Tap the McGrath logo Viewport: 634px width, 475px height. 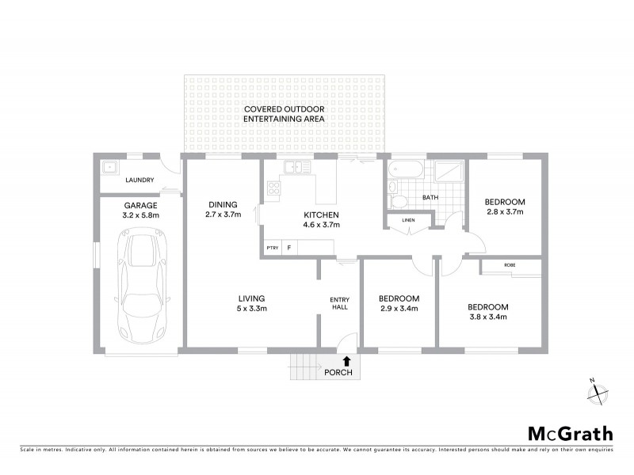[x=571, y=433]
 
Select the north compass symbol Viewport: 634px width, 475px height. [x=598, y=390]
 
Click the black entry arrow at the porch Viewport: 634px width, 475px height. [x=346, y=360]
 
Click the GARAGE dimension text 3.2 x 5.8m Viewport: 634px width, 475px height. [x=142, y=215]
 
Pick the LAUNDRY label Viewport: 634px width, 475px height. [x=139, y=180]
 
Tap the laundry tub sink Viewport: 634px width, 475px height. [x=109, y=167]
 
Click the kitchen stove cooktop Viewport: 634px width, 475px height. [x=274, y=188]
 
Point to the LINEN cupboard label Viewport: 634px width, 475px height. [x=408, y=220]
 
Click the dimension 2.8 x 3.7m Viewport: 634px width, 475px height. [x=505, y=212]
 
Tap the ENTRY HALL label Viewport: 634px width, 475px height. [x=339, y=303]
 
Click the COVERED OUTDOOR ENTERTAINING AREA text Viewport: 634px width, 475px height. [x=284, y=113]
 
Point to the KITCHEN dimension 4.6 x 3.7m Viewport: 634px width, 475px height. [x=322, y=225]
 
